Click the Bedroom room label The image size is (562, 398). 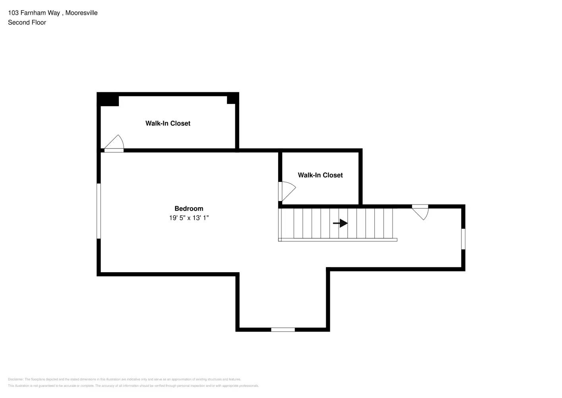pyautogui.click(x=189, y=209)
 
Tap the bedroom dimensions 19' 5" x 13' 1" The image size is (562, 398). pyautogui.click(x=189, y=218)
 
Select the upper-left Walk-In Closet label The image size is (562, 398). pyautogui.click(x=168, y=123)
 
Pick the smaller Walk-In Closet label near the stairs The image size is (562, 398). pyautogui.click(x=320, y=175)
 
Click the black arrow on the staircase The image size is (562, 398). pyautogui.click(x=340, y=223)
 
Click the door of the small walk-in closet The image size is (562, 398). pyautogui.click(x=287, y=191)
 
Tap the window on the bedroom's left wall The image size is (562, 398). pyautogui.click(x=99, y=211)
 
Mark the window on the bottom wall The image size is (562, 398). pyautogui.click(x=283, y=330)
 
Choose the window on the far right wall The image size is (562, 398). pyautogui.click(x=463, y=239)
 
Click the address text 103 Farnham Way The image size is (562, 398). pyautogui.click(x=34, y=13)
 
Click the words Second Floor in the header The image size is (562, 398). pyautogui.click(x=27, y=22)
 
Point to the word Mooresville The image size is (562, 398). pyautogui.click(x=81, y=13)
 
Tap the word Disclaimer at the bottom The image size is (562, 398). pyautogui.click(x=16, y=379)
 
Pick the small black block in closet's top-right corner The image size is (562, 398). pyautogui.click(x=233, y=99)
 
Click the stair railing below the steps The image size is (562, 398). pyautogui.click(x=338, y=240)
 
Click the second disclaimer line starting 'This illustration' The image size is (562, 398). pyautogui.click(x=133, y=386)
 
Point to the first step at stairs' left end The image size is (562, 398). pyautogui.click(x=287, y=223)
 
